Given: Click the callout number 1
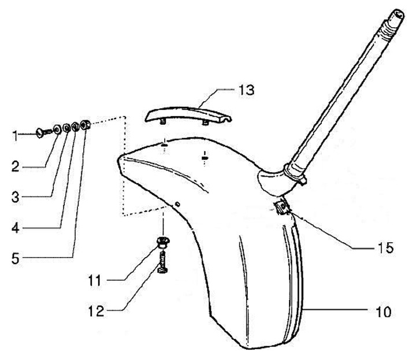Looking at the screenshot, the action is click(16, 136).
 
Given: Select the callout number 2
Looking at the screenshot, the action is click(17, 167).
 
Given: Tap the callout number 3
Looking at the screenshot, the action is click(17, 198).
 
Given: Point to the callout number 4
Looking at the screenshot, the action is click(17, 228).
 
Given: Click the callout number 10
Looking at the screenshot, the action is click(382, 312).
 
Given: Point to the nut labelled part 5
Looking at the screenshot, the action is click(87, 124).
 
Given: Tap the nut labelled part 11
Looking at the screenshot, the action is click(164, 240).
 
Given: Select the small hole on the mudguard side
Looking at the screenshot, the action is click(179, 205).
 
